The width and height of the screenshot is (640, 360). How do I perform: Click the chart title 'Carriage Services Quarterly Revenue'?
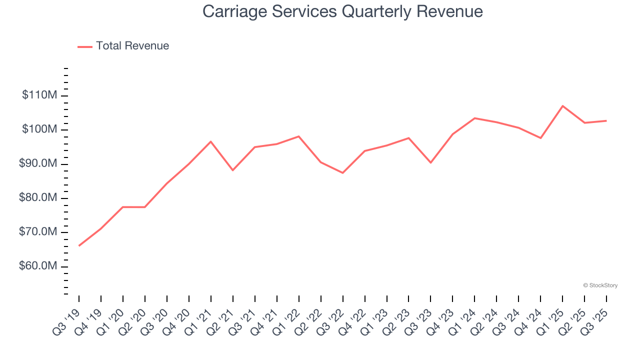pyautogui.click(x=342, y=11)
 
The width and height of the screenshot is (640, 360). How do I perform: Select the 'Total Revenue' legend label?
pyautogui.click(x=132, y=46)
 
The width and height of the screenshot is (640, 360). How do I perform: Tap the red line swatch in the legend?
pyautogui.click(x=85, y=46)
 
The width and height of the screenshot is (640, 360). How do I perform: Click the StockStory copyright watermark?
pyautogui.click(x=600, y=285)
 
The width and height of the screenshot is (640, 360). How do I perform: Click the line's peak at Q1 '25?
pyautogui.click(x=562, y=106)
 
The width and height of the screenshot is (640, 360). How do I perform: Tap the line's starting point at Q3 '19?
pyautogui.click(x=79, y=245)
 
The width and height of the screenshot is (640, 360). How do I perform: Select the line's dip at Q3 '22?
pyautogui.click(x=342, y=172)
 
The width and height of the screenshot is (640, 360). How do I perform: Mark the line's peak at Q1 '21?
pyautogui.click(x=210, y=141)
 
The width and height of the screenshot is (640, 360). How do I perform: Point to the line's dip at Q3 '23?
pyautogui.click(x=430, y=162)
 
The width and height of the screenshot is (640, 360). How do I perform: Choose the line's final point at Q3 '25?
pyautogui.click(x=606, y=120)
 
